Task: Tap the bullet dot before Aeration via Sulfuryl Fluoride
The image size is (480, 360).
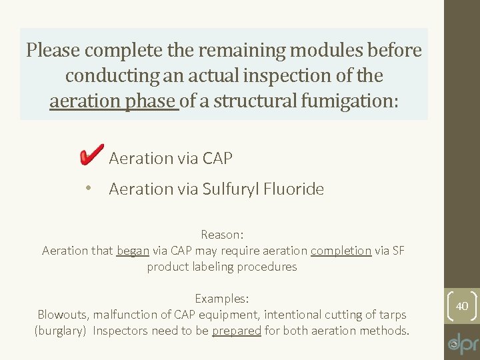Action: [88, 189]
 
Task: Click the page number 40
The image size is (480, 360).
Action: [461, 305]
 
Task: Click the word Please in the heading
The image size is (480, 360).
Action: [53, 50]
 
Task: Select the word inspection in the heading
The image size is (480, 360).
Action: [285, 75]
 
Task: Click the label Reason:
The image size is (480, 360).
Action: [223, 235]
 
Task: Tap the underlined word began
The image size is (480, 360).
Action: [133, 251]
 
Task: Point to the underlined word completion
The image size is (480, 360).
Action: [341, 251]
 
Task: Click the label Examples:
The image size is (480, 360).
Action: [222, 299]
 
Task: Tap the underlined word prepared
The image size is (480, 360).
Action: [237, 331]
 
